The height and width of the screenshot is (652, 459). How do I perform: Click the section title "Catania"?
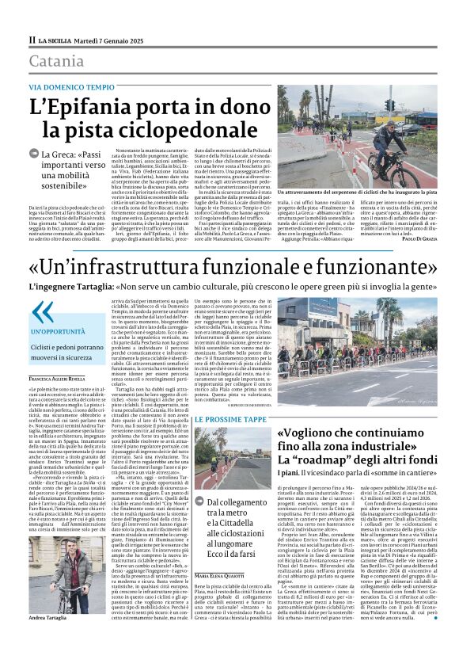click(56, 61)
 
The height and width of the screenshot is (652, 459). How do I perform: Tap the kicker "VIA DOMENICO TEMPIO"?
click(71, 86)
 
